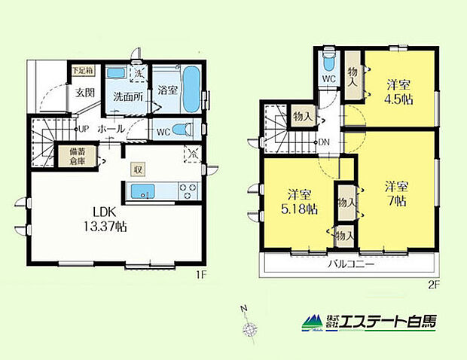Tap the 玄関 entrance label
coord(83,93)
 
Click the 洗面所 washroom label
coord(125,98)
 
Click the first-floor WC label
coord(163,130)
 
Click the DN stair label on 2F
coord(322,142)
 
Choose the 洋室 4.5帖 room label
coord(397,92)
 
